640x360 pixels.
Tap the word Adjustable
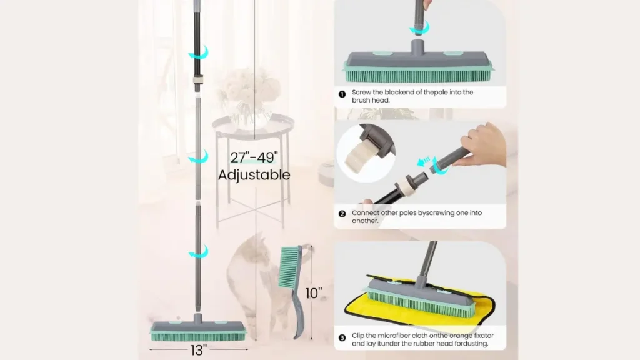pos(254,174)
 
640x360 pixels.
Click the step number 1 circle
pos(342,94)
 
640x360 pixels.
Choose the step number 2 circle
pos(342,214)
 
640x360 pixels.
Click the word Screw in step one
pos(362,92)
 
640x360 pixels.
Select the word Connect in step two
pos(366,212)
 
